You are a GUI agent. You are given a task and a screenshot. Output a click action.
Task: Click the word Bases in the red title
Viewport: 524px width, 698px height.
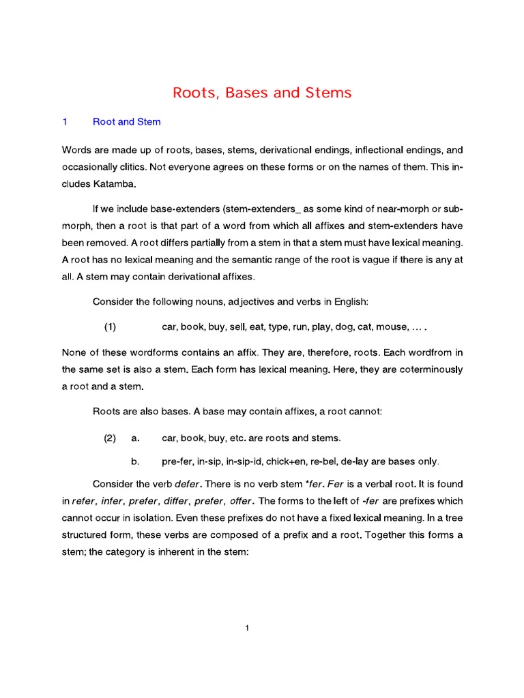coord(244,93)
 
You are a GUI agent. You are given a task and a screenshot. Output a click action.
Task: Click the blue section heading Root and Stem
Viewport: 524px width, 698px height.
coord(126,122)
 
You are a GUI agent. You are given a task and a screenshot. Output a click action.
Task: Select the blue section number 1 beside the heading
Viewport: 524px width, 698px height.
coord(65,122)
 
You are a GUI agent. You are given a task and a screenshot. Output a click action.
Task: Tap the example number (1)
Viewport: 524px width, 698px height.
coord(110,327)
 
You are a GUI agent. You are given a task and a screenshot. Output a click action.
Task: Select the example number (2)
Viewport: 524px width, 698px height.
coord(110,438)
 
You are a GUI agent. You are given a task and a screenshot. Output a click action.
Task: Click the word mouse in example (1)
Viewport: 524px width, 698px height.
coord(389,327)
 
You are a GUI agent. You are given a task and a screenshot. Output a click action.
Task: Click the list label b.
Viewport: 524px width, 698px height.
coord(135,461)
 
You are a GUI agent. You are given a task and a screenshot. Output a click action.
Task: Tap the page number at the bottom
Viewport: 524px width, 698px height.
coord(247,628)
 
